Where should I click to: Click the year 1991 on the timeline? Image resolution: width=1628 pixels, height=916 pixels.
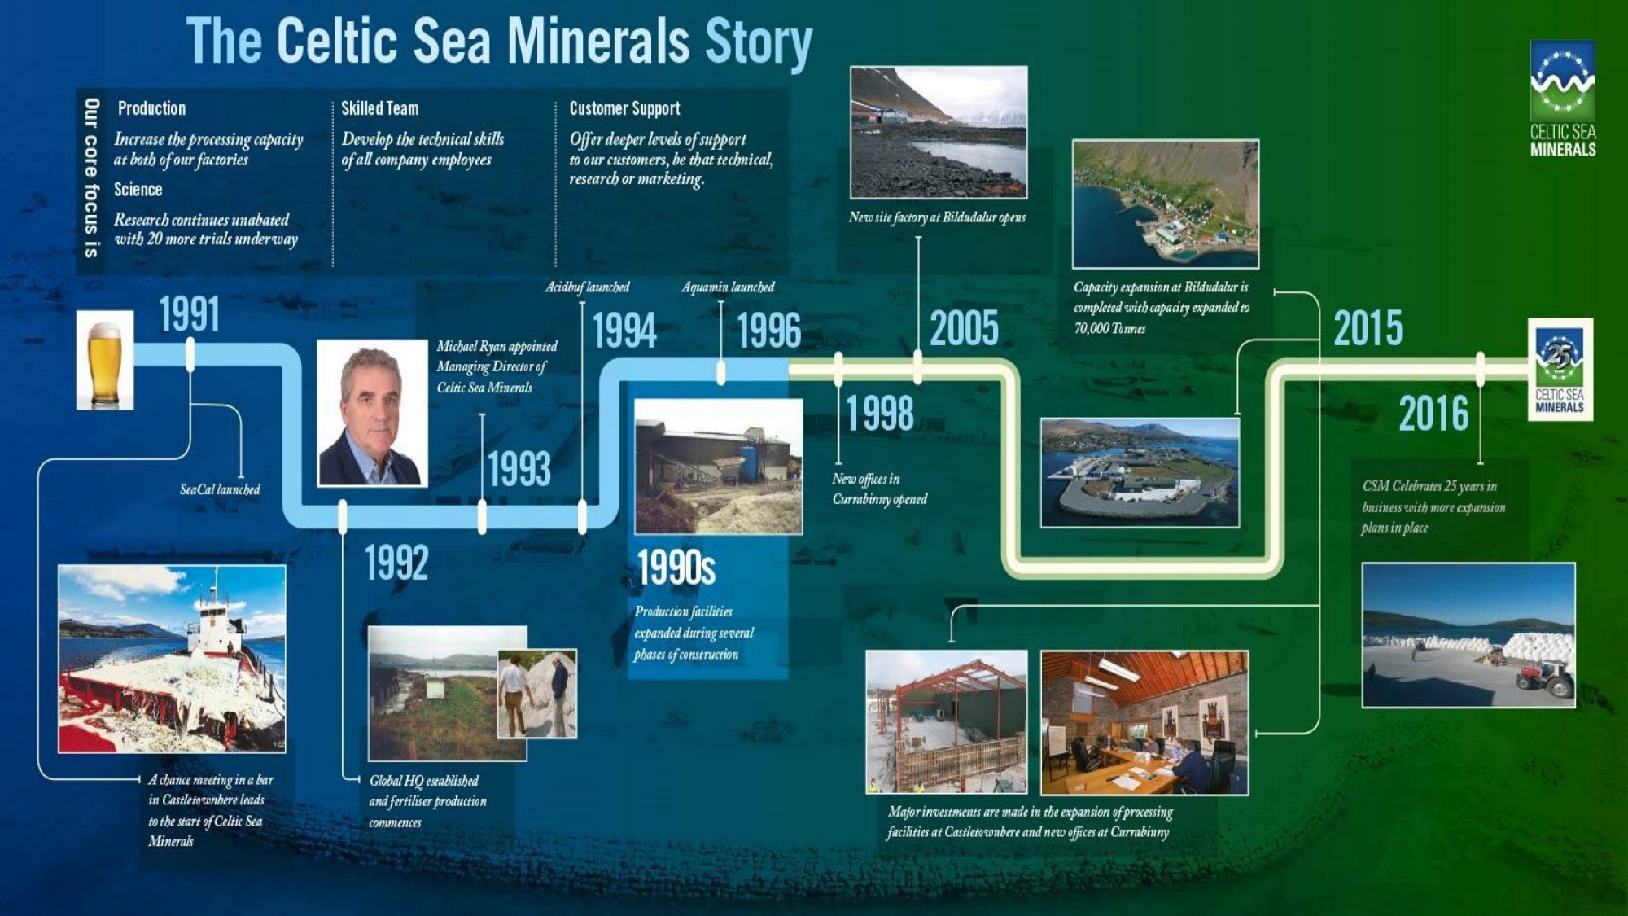(189, 314)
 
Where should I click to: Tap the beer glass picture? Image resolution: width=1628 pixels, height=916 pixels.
(105, 360)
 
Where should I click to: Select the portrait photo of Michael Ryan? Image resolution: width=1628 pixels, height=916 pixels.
(372, 413)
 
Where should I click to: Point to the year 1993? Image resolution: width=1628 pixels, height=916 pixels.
(519, 469)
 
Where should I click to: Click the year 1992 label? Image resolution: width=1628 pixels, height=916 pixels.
(396, 563)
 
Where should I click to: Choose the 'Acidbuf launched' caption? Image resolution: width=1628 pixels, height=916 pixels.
(587, 287)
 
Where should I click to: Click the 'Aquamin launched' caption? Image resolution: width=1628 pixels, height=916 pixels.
(728, 287)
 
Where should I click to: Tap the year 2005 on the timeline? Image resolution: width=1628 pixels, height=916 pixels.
(964, 329)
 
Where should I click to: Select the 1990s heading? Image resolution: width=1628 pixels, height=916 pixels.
(676, 568)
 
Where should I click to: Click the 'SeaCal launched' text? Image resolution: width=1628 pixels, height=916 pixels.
(220, 489)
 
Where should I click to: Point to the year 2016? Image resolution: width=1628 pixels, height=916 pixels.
(1433, 414)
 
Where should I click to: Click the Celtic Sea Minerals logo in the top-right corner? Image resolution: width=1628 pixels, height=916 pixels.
(1563, 99)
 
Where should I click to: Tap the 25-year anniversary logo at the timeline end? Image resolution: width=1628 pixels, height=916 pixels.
(1560, 370)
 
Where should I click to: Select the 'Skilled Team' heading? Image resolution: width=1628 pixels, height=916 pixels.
(379, 108)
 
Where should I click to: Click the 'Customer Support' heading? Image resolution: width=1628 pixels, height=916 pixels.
(624, 108)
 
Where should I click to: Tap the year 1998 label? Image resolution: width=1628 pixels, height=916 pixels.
(879, 414)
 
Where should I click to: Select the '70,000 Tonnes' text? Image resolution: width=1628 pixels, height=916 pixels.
(1109, 328)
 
